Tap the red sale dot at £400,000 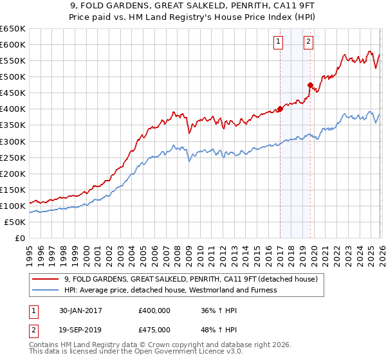[x=280, y=109]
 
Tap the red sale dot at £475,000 [x=310, y=85]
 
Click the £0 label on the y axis [x=19, y=238]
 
